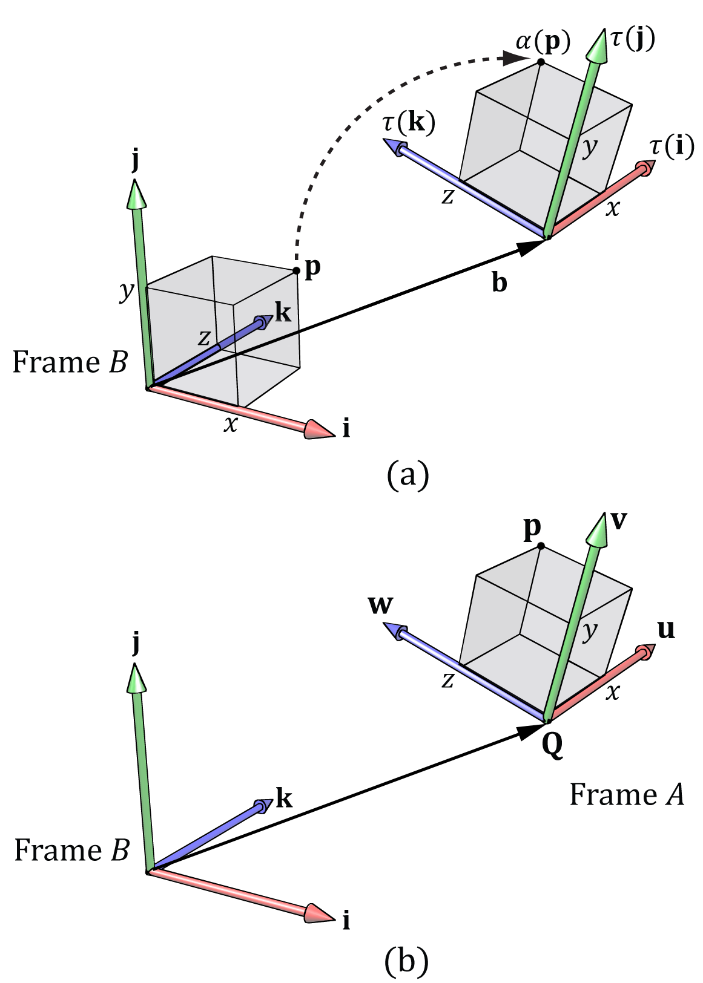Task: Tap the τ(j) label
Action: point(633,39)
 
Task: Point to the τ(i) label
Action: point(672,147)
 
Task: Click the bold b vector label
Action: point(499,282)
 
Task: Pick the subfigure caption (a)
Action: point(408,474)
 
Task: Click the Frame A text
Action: point(626,795)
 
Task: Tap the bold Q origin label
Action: point(552,745)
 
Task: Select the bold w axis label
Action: point(380,605)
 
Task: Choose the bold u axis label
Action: point(666,630)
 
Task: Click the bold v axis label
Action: point(619,521)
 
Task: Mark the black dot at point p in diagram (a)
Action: point(296,270)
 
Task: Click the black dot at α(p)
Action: point(541,62)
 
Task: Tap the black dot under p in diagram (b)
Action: point(541,546)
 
